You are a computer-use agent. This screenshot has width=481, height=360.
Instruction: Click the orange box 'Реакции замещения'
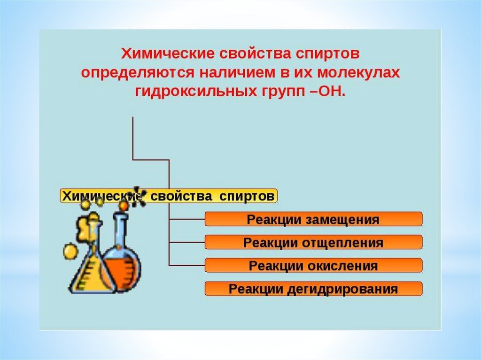pyautogui.click(x=313, y=219)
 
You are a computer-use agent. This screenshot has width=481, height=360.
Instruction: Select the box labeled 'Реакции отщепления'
pyautogui.click(x=313, y=243)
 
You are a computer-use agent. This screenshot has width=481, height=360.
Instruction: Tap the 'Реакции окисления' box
pyautogui.click(x=313, y=266)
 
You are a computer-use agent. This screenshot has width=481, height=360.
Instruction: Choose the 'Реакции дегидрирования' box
pyautogui.click(x=313, y=289)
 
